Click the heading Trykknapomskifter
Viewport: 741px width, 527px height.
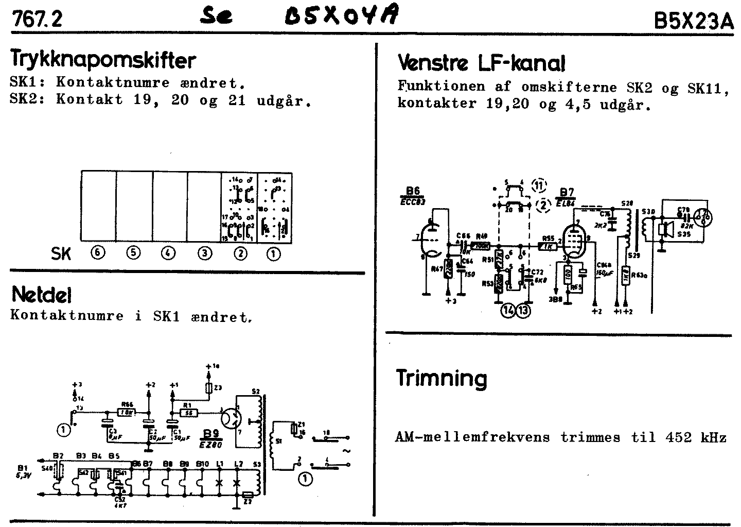pyautogui.click(x=103, y=61)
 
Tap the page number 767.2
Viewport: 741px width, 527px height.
pyautogui.click(x=37, y=20)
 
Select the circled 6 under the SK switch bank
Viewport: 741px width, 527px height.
pyautogui.click(x=97, y=253)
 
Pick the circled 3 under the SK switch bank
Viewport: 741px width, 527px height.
pyautogui.click(x=205, y=253)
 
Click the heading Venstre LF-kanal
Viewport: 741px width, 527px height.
pyautogui.click(x=481, y=64)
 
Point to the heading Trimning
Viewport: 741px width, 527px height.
pyautogui.click(x=441, y=379)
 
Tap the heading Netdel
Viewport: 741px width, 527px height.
pyautogui.click(x=41, y=295)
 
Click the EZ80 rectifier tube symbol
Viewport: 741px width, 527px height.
pyautogui.click(x=233, y=416)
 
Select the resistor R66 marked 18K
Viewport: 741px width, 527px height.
pyautogui.click(x=126, y=412)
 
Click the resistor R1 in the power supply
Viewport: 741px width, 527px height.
pyautogui.click(x=188, y=412)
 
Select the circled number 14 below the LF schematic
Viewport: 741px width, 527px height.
pyautogui.click(x=509, y=311)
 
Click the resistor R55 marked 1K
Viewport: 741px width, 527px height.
pyautogui.click(x=548, y=246)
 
